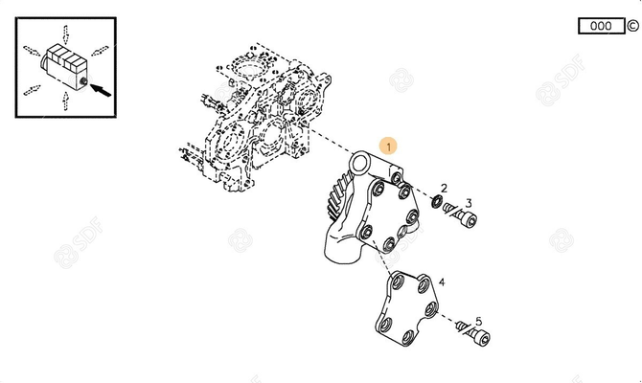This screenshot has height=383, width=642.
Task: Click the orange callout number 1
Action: pyautogui.click(x=387, y=146)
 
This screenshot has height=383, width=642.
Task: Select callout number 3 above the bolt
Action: pyautogui.click(x=469, y=202)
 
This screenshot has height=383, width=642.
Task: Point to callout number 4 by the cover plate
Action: pyautogui.click(x=443, y=282)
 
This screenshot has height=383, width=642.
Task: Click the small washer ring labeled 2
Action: pyautogui.click(x=437, y=201)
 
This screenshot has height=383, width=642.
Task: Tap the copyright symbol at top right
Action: pyautogui.click(x=632, y=26)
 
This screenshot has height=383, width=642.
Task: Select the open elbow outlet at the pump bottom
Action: pyautogui.click(x=337, y=254)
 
